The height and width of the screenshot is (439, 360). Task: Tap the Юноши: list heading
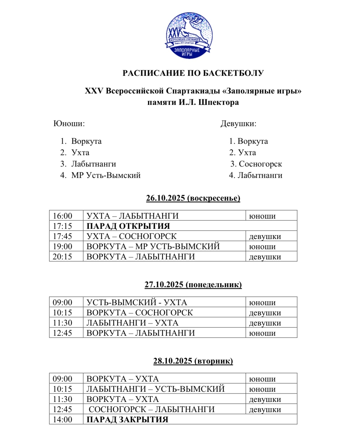(69, 124)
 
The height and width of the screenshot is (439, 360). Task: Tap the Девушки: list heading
(238, 124)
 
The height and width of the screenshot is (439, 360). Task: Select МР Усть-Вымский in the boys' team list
(106, 175)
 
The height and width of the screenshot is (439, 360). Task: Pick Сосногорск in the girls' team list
(260, 164)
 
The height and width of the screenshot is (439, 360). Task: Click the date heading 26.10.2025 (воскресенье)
(193, 198)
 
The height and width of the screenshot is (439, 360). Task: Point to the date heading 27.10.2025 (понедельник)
(193, 284)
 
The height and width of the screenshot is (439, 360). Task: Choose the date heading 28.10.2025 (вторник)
(193, 361)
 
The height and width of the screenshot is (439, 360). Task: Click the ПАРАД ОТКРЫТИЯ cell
(128, 226)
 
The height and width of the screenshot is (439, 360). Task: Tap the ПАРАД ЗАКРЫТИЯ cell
(127, 420)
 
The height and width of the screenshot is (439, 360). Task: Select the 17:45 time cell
(63, 236)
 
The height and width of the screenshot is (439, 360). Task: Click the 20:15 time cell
(63, 257)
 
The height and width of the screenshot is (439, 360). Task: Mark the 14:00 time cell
(63, 420)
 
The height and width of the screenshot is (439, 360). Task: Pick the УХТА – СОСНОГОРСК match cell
(131, 236)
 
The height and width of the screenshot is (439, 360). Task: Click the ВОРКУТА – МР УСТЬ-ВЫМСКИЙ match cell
(153, 246)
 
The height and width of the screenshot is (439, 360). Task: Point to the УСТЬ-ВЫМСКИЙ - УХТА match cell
(137, 302)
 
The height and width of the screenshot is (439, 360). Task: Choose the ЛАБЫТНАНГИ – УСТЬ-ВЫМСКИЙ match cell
(155, 389)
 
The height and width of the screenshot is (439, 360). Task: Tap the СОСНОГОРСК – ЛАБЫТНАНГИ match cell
(152, 409)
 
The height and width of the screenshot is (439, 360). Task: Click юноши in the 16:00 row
(262, 216)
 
